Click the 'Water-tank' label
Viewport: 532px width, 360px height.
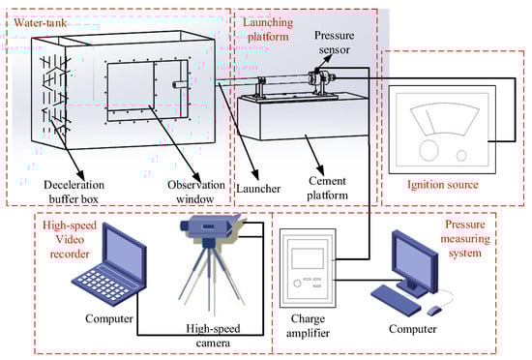pyautogui.click(x=40, y=23)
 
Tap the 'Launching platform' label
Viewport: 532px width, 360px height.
pyautogui.click(x=268, y=30)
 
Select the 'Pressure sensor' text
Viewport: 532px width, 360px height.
pyautogui.click(x=335, y=43)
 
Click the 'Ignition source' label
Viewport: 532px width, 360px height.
pyautogui.click(x=443, y=185)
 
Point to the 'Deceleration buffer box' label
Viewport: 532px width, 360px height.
pyautogui.click(x=74, y=192)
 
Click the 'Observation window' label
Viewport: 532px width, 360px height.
pyautogui.click(x=196, y=192)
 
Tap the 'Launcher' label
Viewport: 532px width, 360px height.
pyautogui.click(x=258, y=189)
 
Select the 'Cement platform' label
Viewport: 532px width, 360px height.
pyautogui.click(x=327, y=188)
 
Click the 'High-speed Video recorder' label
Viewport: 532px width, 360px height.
pyautogui.click(x=70, y=240)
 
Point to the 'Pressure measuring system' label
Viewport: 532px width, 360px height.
pyautogui.click(x=465, y=238)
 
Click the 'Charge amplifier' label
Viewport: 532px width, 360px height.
pyautogui.click(x=308, y=326)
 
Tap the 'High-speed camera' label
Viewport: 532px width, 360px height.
pyautogui.click(x=213, y=336)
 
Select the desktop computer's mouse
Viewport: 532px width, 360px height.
pyautogui.click(x=434, y=310)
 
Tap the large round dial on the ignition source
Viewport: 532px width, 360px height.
pyautogui.click(x=429, y=150)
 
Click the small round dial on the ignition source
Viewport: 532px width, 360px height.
pyautogui.click(x=461, y=156)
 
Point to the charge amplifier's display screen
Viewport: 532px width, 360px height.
pyautogui.click(x=308, y=258)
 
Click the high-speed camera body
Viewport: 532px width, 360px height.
pyautogui.click(x=210, y=225)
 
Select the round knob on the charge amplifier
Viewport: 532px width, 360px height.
pyautogui.click(x=297, y=283)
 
